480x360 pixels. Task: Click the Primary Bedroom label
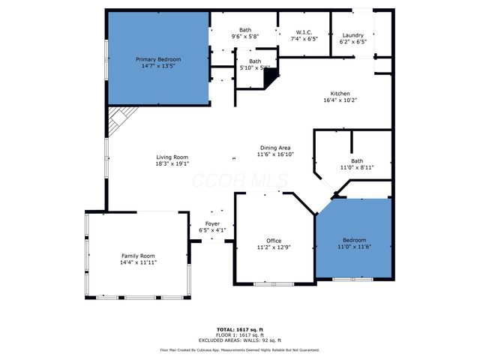point(158,59)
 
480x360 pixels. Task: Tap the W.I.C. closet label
point(304,31)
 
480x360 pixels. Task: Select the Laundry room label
point(352,35)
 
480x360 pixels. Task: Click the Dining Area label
point(276,148)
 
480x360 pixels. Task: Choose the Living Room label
point(172,157)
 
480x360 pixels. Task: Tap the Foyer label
point(213,223)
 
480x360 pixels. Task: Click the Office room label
point(274,241)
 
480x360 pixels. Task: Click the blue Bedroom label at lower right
point(355,240)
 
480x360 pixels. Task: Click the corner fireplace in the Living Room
point(118,119)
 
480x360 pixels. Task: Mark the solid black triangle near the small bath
point(271,76)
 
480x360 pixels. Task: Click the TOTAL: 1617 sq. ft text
point(239,329)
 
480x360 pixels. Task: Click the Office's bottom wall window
point(274,283)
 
